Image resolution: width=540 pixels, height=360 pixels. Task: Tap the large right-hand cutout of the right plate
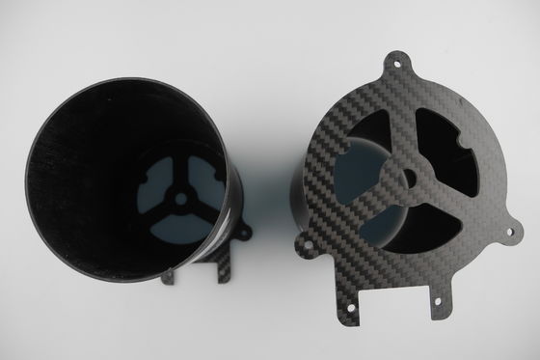[x=453, y=154]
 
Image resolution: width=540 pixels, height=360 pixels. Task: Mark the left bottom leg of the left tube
[x=170, y=278]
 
